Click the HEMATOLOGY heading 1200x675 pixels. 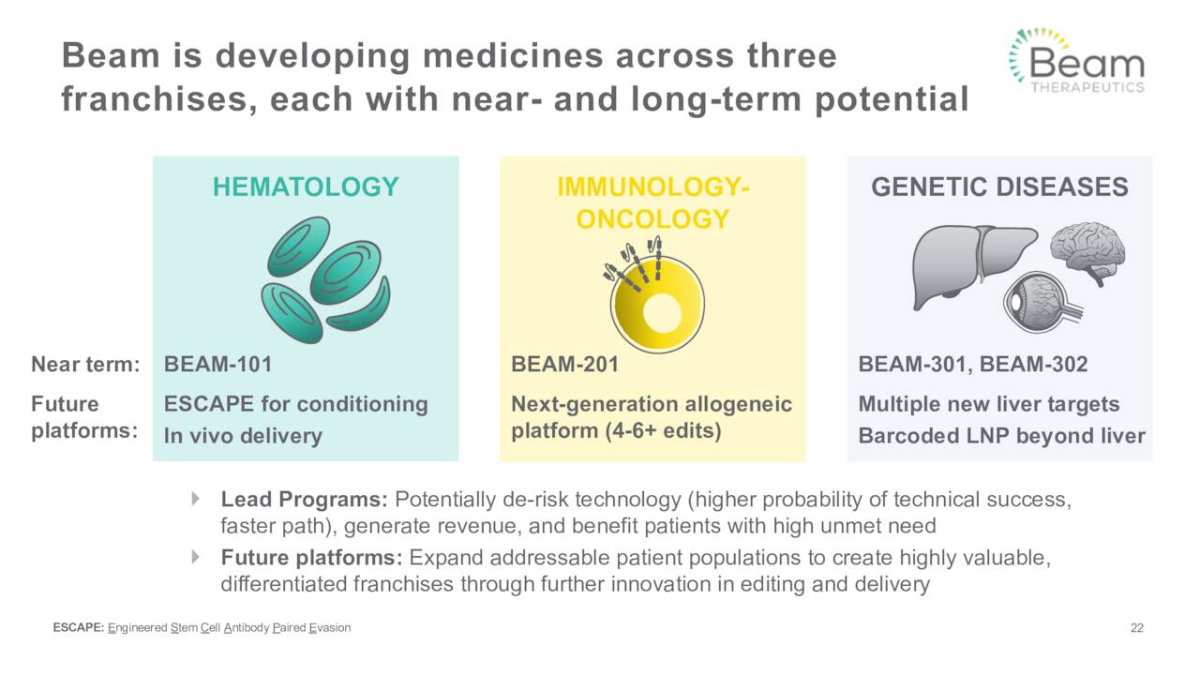point(305,187)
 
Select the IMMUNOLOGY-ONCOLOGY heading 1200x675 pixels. point(652,202)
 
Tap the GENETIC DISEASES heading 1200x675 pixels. point(999,187)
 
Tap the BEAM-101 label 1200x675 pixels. point(217,365)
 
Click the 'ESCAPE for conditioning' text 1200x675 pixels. point(295,404)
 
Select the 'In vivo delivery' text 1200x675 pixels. point(242,436)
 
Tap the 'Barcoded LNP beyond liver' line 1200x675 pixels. point(1001,436)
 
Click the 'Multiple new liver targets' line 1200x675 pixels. point(988,404)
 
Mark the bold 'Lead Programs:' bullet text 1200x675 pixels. point(306,499)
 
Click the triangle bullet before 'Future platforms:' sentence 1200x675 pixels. point(196,557)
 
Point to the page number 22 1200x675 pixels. point(1137,628)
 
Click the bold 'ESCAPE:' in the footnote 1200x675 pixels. point(79,628)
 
